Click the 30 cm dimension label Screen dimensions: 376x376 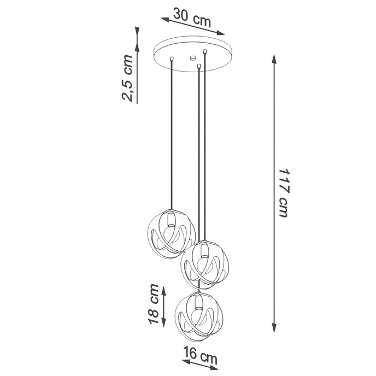192,16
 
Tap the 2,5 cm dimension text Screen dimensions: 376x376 127,78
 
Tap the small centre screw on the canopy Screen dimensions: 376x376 192,57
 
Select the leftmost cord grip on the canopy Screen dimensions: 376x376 172,58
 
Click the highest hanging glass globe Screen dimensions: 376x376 171,232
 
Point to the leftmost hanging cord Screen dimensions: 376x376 172,137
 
